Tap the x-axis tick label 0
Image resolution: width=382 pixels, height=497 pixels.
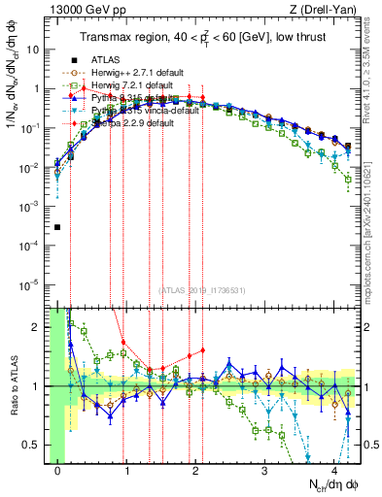[58, 470]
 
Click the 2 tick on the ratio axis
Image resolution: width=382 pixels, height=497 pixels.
[40, 327]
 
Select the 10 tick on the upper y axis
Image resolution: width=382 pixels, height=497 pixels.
[36, 48]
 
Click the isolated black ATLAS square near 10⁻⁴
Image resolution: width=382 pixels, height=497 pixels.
[58, 228]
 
